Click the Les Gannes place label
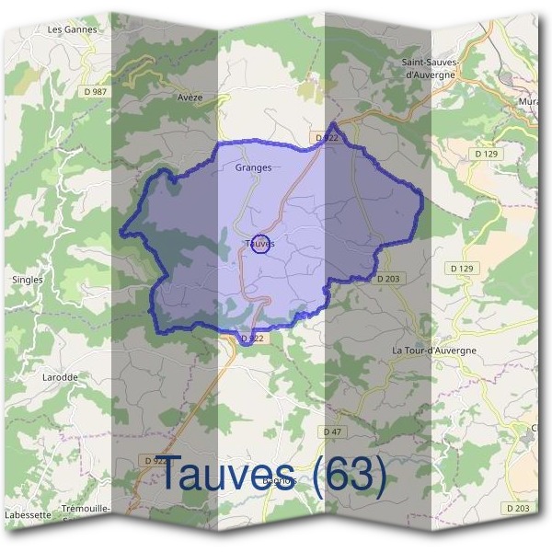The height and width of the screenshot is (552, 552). click(72, 29)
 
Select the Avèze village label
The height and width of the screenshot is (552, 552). click(190, 97)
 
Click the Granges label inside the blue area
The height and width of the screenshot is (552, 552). click(253, 168)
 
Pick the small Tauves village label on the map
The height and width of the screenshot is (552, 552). click(260, 244)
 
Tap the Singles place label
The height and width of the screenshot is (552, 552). click(28, 279)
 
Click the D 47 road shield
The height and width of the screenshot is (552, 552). click(332, 431)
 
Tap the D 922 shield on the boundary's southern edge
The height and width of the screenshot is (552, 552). click(251, 339)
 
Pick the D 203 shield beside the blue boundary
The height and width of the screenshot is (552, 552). click(389, 278)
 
